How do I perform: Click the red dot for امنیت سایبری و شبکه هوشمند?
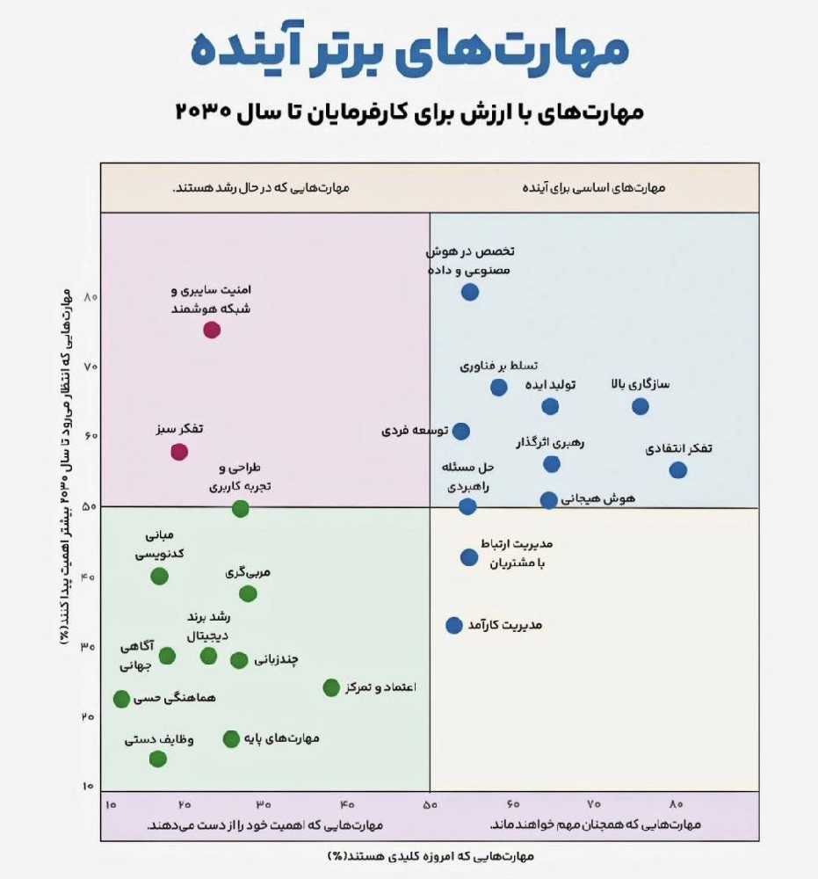coord(212,330)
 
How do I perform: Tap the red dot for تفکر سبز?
coord(179,452)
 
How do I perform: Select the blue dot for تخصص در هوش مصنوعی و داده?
coord(470,292)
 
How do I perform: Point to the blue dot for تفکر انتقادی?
coord(678,470)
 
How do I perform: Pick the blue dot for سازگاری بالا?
coord(641,406)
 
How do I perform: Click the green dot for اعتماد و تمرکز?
coord(331,687)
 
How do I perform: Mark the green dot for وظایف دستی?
coord(158,759)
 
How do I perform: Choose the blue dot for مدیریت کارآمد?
coord(454,625)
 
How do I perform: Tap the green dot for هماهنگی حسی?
coord(122,699)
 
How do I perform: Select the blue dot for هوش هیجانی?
coord(549,500)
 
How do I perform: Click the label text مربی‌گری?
coord(248,572)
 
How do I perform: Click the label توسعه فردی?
coord(416,431)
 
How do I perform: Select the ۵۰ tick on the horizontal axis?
coord(430,804)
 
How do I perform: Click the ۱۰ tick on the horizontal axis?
coord(111,804)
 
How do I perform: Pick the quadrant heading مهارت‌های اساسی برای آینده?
coord(594,188)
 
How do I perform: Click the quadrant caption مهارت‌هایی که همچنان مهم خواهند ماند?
coord(595,825)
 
